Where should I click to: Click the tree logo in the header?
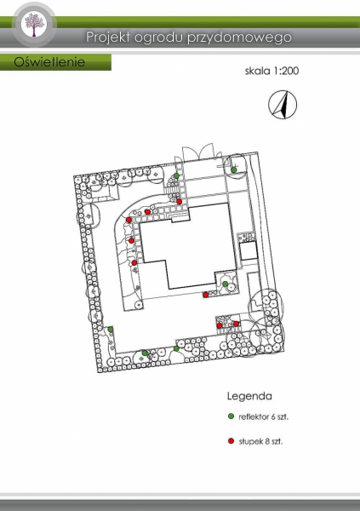(x=34, y=25)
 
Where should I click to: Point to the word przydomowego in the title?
(x=239, y=37)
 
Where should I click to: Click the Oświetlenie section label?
(x=49, y=62)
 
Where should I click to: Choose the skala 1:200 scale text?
(x=271, y=71)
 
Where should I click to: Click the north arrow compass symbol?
(x=283, y=105)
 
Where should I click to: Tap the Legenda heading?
(x=249, y=396)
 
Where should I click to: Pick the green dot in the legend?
(x=231, y=416)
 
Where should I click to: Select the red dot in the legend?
(x=231, y=441)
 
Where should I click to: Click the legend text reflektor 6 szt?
(x=264, y=416)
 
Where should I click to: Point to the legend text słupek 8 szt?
(x=260, y=441)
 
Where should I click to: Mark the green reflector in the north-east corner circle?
(x=234, y=169)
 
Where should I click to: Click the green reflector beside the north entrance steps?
(x=176, y=175)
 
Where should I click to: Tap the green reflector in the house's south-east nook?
(x=225, y=284)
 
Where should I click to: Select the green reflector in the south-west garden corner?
(x=111, y=329)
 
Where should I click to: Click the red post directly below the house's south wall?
(x=206, y=295)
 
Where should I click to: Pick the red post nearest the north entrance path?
(x=180, y=201)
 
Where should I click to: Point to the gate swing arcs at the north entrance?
(x=197, y=152)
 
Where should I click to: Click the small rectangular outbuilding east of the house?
(x=249, y=250)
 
